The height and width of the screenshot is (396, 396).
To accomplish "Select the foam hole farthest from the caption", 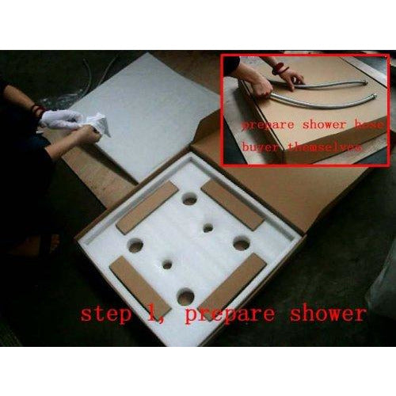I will (x=189, y=199).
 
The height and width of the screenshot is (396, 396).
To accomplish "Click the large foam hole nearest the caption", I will (x=185, y=297).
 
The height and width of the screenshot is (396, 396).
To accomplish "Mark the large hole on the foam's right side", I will (x=242, y=245).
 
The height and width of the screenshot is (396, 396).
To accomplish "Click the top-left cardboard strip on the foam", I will (x=147, y=208).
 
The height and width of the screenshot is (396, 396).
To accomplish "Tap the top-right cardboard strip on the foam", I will (x=231, y=204).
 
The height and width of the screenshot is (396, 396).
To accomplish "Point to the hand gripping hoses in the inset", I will (x=287, y=77).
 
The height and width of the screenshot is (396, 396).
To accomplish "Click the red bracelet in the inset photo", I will (x=279, y=68).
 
